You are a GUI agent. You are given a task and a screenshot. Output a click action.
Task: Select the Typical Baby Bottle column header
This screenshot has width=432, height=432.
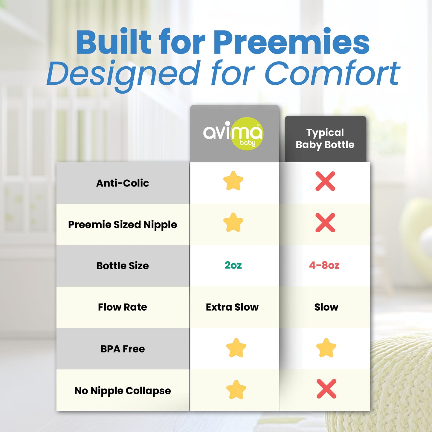[325, 138]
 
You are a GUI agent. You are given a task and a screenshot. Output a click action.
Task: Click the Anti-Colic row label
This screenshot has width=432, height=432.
[123, 183]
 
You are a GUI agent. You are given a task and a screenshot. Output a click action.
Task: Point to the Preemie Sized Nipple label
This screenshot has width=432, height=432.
[123, 225]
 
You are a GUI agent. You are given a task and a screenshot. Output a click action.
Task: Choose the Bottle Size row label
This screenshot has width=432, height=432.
[123, 266]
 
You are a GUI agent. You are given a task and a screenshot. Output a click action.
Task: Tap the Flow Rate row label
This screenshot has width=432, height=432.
[123, 307]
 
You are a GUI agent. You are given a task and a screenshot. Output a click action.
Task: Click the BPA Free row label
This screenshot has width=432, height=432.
[123, 349]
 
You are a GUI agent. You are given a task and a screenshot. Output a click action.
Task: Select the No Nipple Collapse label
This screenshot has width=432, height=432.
[123, 391]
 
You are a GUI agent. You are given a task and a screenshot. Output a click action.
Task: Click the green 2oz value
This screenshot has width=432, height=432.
[233, 265]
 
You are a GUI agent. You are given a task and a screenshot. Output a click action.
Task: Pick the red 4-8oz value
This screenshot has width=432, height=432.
[324, 265]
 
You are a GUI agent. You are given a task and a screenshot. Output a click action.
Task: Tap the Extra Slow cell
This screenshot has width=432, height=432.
[232, 307]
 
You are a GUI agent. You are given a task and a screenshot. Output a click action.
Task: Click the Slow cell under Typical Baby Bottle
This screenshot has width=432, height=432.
[326, 307]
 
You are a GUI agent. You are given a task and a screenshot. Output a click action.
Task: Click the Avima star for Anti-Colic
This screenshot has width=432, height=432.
[233, 181]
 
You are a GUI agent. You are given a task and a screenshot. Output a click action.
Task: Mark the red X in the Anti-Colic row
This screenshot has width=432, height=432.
[325, 181]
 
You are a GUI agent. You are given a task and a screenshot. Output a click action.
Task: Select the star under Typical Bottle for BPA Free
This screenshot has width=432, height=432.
[326, 348]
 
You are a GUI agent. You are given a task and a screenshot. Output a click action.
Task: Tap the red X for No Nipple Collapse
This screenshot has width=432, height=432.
[326, 389]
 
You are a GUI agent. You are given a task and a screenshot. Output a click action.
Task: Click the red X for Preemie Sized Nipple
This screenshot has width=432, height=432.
[325, 223]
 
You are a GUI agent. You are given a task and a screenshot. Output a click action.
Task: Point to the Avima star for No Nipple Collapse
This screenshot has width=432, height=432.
[236, 390]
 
